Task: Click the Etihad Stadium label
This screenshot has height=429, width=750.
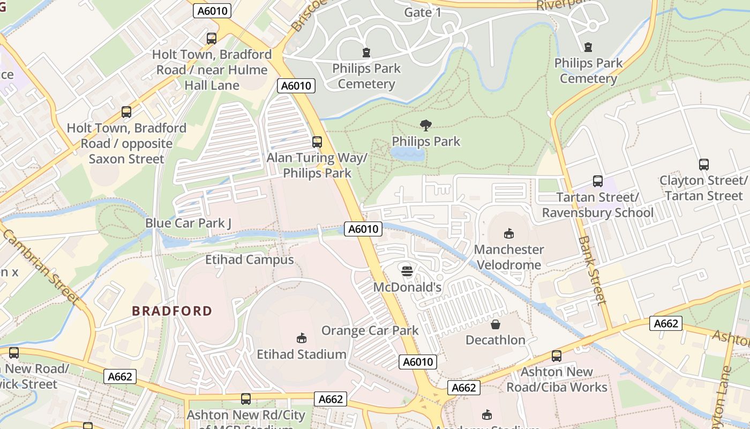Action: click(x=301, y=354)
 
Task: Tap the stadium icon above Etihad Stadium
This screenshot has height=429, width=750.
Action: click(x=302, y=338)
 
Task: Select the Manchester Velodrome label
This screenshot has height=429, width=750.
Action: click(x=508, y=257)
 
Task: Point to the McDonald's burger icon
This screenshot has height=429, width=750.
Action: click(x=407, y=271)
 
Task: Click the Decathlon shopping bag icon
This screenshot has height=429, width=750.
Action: click(x=496, y=324)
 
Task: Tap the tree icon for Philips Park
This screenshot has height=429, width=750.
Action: click(x=426, y=125)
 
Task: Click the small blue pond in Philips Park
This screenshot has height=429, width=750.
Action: click(x=408, y=154)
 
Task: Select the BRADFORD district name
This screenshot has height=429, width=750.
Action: click(x=172, y=311)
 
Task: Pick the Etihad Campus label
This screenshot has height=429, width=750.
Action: click(x=250, y=260)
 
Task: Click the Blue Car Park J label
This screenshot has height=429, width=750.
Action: click(x=188, y=223)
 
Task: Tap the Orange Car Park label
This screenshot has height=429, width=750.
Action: click(x=370, y=330)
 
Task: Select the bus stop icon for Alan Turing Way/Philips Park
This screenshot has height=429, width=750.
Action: click(x=317, y=142)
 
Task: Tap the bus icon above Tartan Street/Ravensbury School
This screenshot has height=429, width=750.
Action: click(x=597, y=181)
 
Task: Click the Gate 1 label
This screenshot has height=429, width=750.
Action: click(x=423, y=12)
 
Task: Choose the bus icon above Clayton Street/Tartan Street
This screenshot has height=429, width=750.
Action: click(x=703, y=165)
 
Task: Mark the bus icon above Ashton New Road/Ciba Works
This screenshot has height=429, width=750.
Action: click(x=557, y=356)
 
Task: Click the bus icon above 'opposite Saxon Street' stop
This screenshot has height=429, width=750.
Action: click(x=126, y=112)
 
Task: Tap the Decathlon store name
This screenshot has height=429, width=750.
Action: click(x=496, y=340)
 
